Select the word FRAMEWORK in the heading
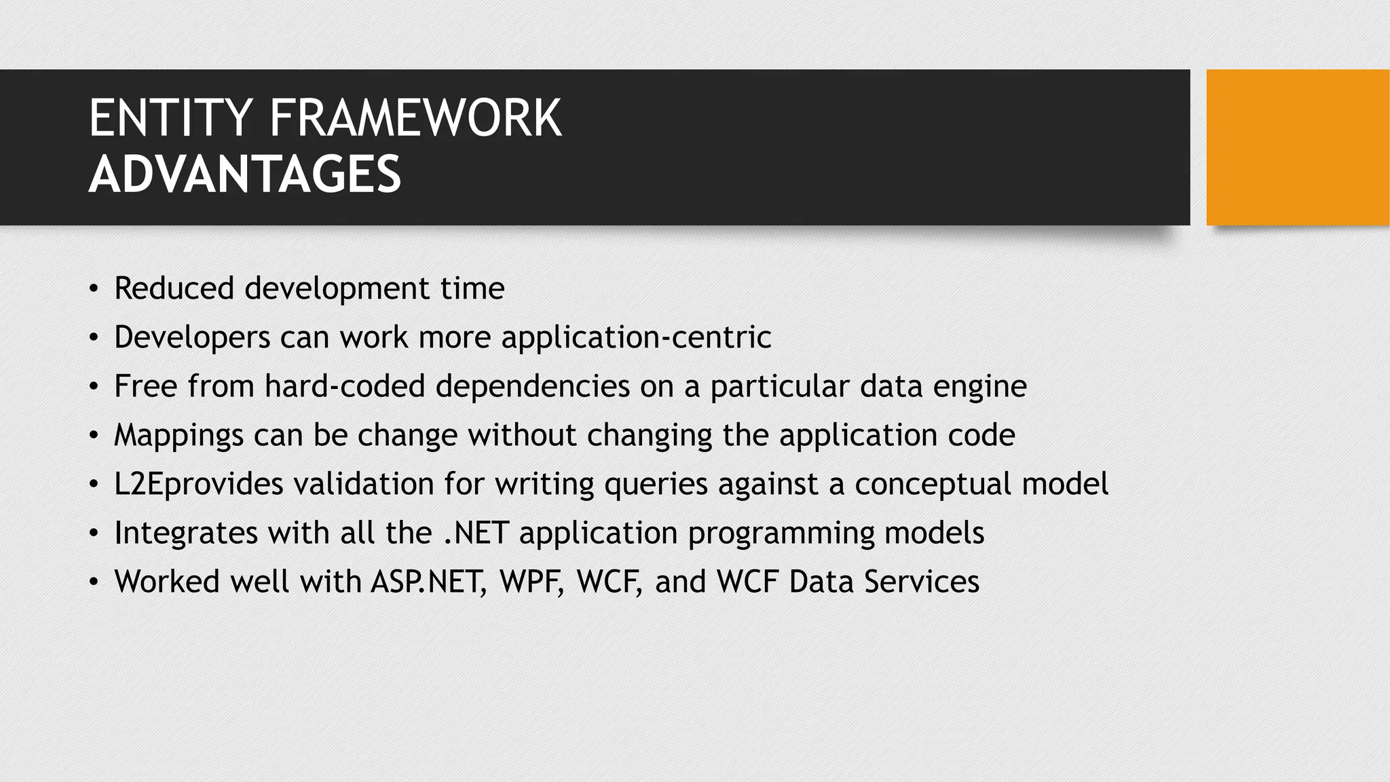pos(415,119)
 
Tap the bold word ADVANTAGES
pos(245,174)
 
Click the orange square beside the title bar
pos(1297,147)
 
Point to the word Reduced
pos(174,288)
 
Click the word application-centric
pos(636,337)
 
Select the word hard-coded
pos(345,386)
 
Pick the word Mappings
pos(179,436)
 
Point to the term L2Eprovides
pos(198,485)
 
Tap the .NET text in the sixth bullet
pos(476,533)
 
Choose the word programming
pos(781,534)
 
